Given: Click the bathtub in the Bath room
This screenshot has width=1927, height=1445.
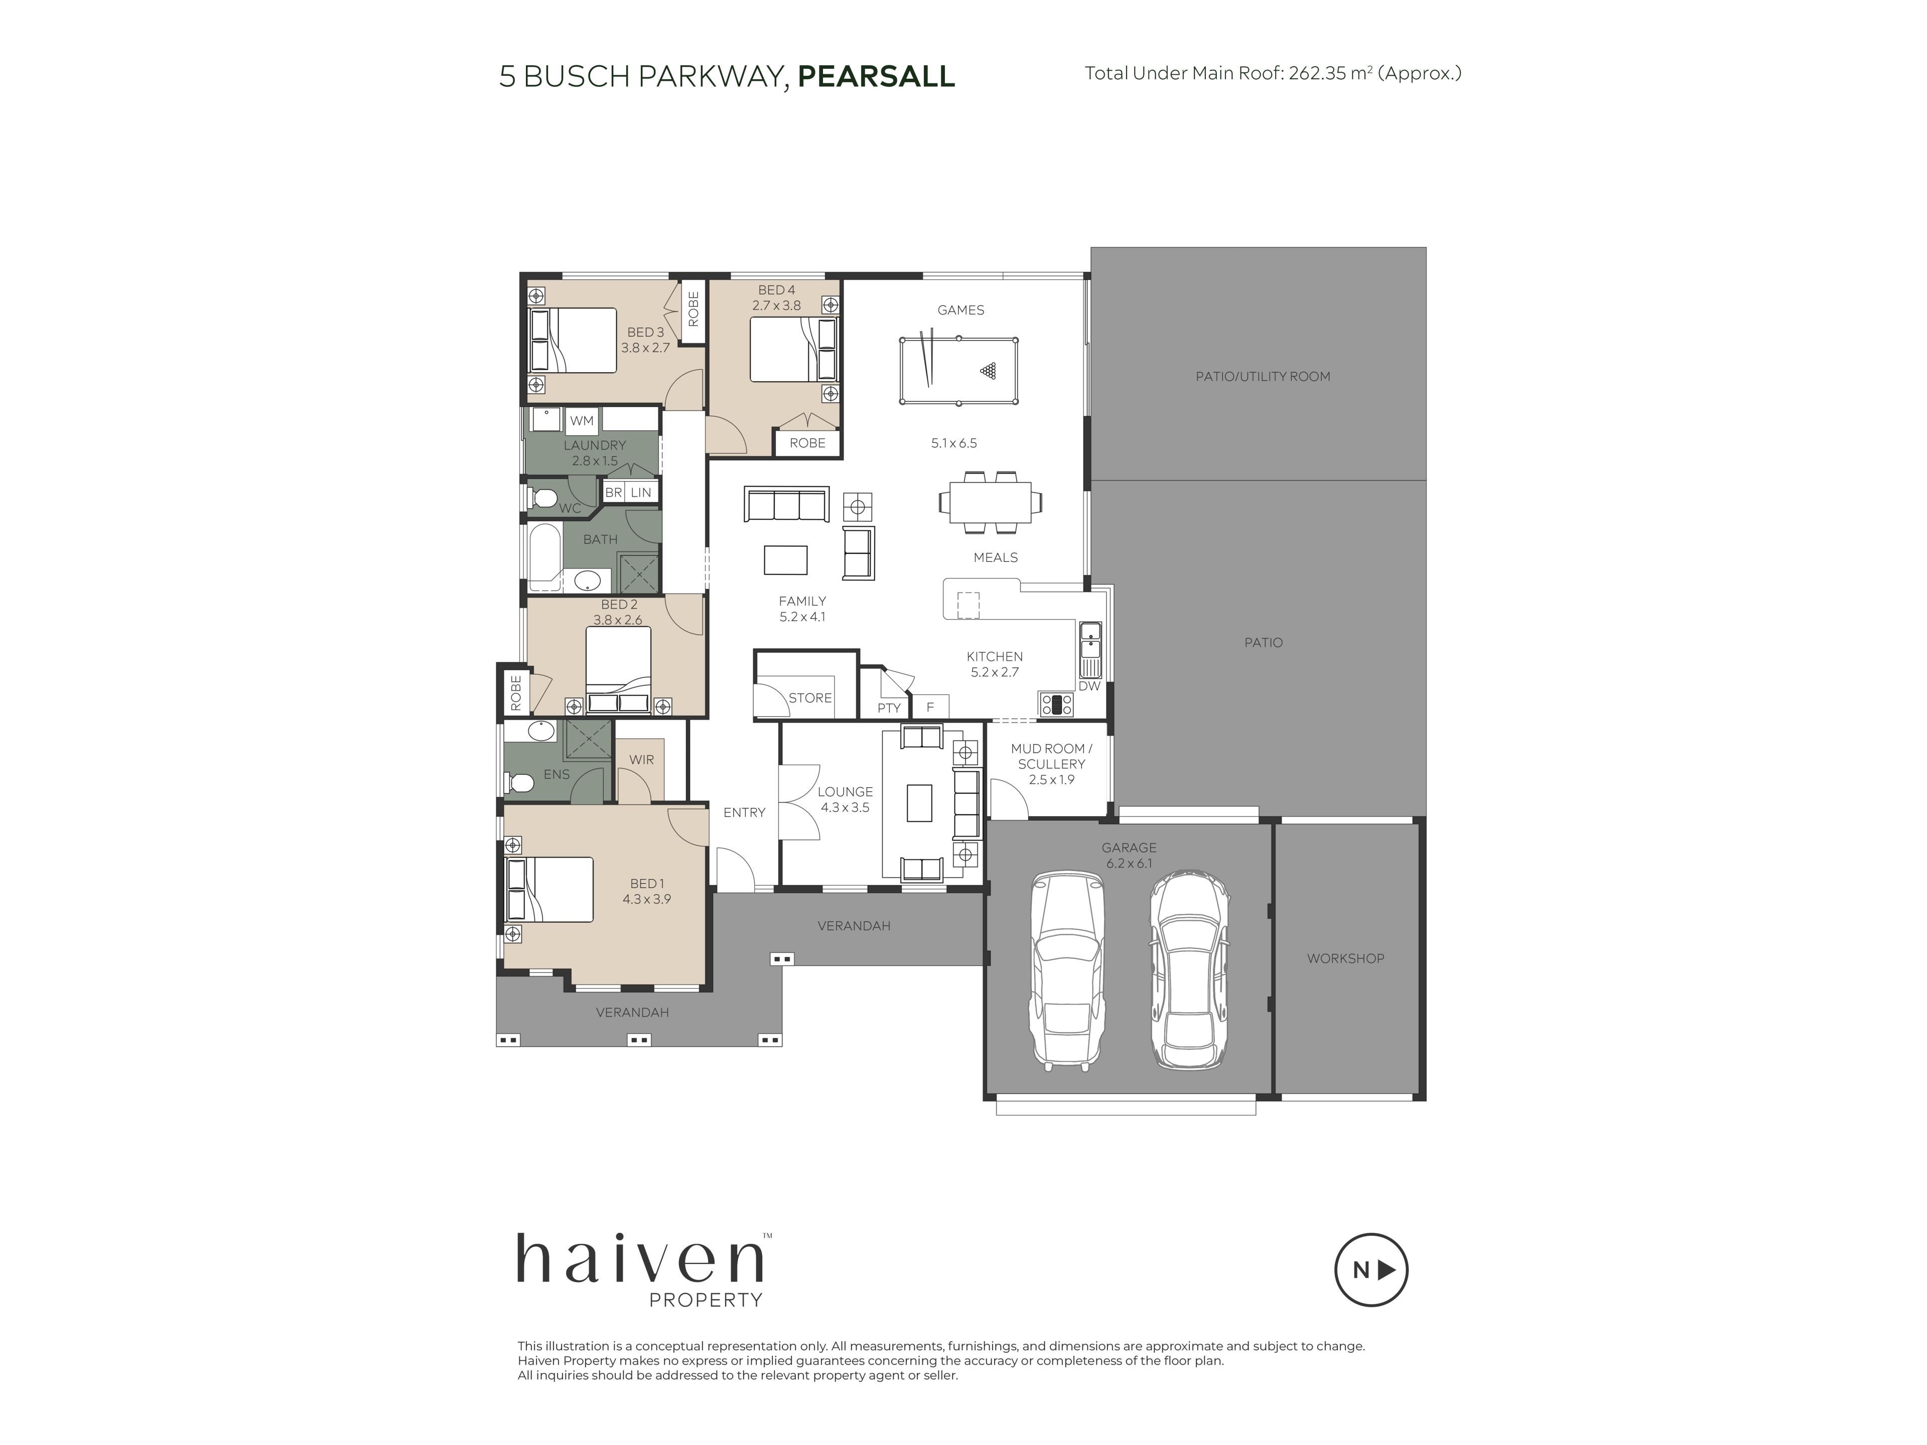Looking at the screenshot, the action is (x=543, y=555).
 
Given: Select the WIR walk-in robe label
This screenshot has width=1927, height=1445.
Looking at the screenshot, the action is (x=641, y=760).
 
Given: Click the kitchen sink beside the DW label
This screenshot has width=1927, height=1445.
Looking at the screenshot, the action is (x=1090, y=650).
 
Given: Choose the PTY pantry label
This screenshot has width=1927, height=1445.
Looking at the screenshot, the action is (x=889, y=708).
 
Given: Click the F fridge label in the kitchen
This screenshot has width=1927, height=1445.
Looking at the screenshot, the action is (x=929, y=707).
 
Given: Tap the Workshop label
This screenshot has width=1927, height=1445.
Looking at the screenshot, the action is (x=1345, y=958).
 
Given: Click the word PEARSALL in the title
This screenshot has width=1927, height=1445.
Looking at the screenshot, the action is (x=876, y=77).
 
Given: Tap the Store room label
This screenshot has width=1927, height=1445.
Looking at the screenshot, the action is (x=810, y=698).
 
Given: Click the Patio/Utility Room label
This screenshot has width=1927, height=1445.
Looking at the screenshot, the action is (x=1262, y=376).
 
